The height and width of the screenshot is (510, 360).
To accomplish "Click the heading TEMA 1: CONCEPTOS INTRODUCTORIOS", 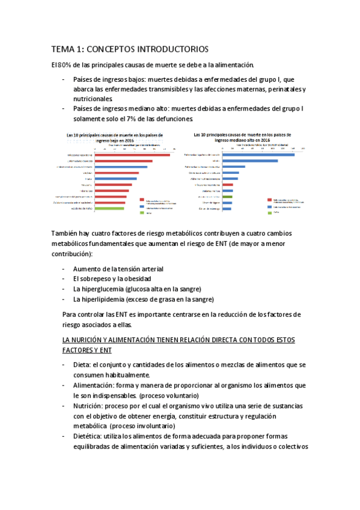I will (129, 49).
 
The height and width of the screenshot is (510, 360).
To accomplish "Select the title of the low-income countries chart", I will (114, 138).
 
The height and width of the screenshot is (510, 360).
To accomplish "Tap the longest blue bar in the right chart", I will (258, 155).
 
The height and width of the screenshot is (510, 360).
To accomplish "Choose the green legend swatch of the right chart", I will (269, 212).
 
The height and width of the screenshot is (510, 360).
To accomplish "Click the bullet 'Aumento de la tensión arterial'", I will (118, 269).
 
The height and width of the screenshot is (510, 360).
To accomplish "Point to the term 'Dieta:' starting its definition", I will (82, 365).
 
